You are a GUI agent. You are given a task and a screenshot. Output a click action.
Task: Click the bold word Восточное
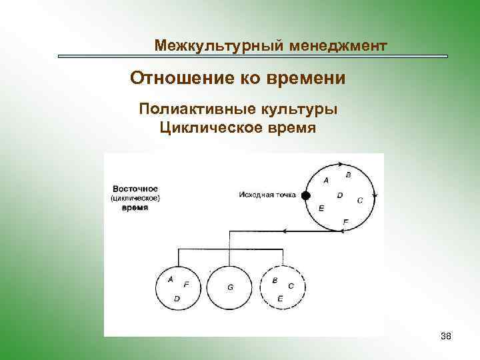pyautogui.click(x=135, y=189)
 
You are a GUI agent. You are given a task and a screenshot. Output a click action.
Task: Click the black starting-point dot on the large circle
pyautogui.click(x=305, y=195)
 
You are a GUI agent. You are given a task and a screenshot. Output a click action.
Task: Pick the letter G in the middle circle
pyautogui.click(x=230, y=287)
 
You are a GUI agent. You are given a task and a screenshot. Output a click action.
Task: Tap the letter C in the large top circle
pyautogui.click(x=360, y=199)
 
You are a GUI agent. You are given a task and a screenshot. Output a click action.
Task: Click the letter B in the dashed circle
pyautogui.click(x=275, y=281)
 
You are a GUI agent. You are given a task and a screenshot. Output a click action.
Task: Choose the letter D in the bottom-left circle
pyautogui.click(x=177, y=299)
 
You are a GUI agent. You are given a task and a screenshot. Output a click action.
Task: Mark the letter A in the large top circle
pyautogui.click(x=326, y=180)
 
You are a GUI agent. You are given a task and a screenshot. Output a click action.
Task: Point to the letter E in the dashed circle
pyautogui.click(x=280, y=299)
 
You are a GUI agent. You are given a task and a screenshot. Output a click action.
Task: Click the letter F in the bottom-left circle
pyautogui.click(x=186, y=285)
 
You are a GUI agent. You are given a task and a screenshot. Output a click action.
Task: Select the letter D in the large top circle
pyautogui.click(x=340, y=195)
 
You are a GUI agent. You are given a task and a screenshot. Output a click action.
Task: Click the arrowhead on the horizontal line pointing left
pyautogui.click(x=285, y=231)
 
